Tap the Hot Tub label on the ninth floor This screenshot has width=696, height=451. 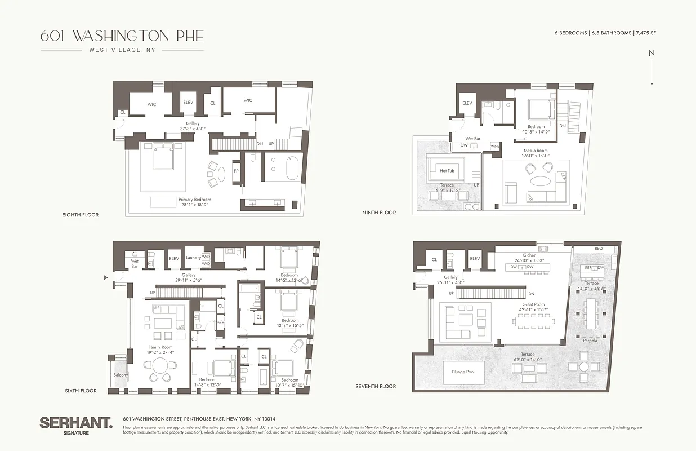coord(447,170)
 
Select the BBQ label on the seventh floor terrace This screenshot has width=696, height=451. coord(598,248)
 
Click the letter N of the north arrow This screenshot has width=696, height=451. coord(652,53)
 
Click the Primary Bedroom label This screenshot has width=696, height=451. coord(195,200)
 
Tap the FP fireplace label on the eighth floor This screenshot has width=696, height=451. coord(237,171)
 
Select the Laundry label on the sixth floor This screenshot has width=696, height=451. coord(193,258)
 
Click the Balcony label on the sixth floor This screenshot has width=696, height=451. coord(121,374)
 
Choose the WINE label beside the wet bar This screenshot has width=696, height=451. coord(495,146)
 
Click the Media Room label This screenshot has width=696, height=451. coord(535,151)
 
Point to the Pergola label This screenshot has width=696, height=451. coord(590,341)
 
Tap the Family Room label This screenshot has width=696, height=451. coord(160,347)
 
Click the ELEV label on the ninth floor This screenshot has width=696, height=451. coord(467,103)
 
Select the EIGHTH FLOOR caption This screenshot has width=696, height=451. coord(81,215)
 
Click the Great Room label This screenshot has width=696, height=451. coord(532,304)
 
